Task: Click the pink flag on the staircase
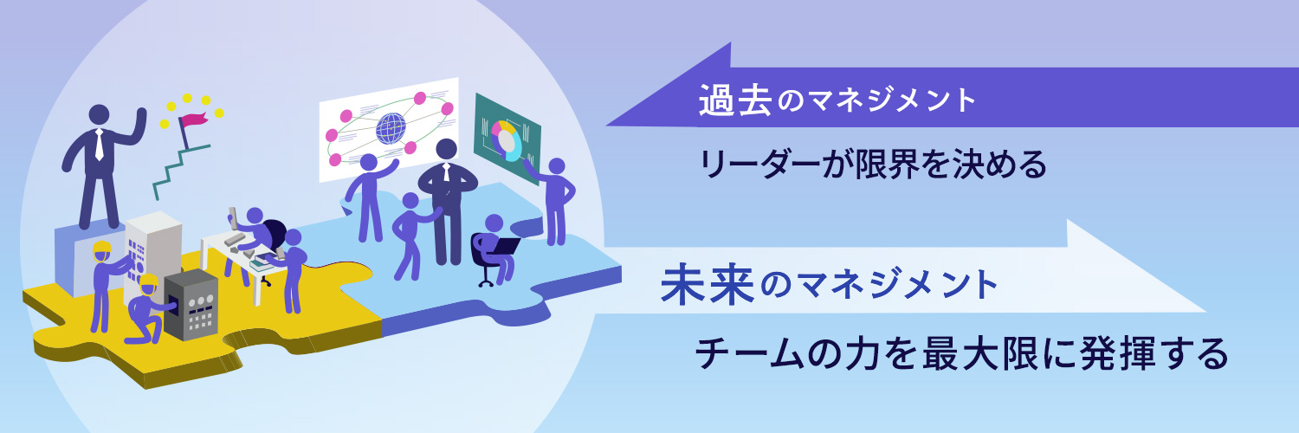[193, 120]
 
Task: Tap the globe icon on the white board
[391, 129]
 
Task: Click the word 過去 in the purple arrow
[734, 100]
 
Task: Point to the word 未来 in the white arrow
[708, 284]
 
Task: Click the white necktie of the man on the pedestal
[100, 145]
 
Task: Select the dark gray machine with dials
[191, 304]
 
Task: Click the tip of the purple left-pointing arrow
[606, 126]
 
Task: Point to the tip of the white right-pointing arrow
[1205, 311]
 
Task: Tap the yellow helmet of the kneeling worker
[148, 282]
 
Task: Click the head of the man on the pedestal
[100, 115]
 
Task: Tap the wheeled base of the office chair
[487, 281]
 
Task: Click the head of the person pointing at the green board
[556, 166]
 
